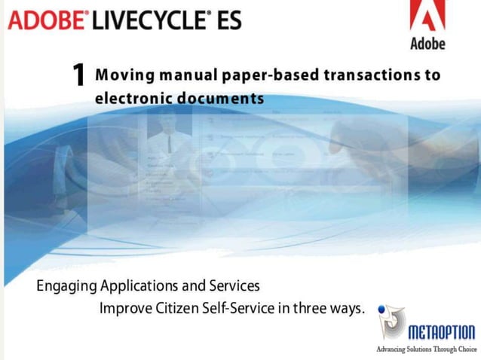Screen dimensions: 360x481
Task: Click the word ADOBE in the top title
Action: pyautogui.click(x=45, y=20)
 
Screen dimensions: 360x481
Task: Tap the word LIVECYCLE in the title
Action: pyautogui.click(x=148, y=20)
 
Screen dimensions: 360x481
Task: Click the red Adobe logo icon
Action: pyautogui.click(x=427, y=17)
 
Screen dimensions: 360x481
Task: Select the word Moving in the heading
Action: pyautogui.click(x=122, y=75)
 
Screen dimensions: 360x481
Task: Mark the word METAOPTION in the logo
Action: pyautogui.click(x=441, y=332)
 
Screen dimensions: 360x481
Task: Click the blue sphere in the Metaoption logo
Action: pyautogui.click(x=382, y=310)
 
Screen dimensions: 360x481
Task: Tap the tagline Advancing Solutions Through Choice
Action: pyautogui.click(x=427, y=349)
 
